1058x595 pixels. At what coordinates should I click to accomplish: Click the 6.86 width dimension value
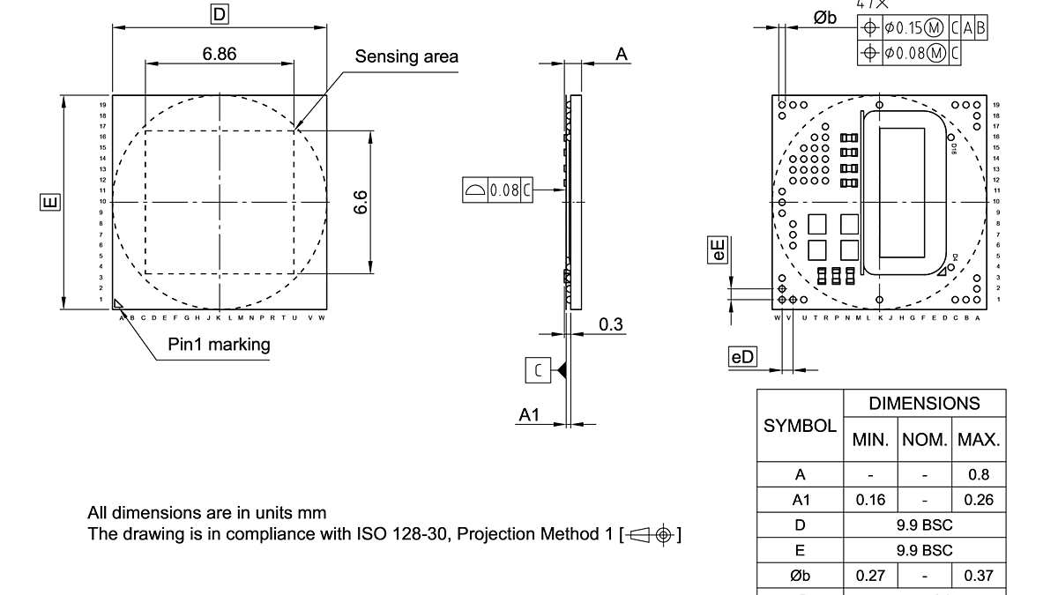220,54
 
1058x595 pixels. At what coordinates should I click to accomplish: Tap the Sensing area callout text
406,57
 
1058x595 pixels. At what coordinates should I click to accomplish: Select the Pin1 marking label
220,344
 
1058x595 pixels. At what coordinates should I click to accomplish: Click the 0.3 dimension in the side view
610,324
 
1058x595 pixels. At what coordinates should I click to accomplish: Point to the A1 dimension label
529,414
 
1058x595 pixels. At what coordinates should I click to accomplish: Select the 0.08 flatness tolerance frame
498,190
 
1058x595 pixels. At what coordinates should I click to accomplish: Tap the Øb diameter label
825,19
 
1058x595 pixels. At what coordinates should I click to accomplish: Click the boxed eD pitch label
742,357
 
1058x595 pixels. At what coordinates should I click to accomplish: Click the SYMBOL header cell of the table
800,426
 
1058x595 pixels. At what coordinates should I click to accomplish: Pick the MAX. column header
979,439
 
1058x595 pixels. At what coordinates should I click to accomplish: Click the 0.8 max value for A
979,474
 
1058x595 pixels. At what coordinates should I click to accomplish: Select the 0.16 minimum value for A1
870,500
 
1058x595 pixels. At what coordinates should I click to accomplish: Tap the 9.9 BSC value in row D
924,525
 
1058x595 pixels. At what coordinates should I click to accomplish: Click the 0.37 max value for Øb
979,576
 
